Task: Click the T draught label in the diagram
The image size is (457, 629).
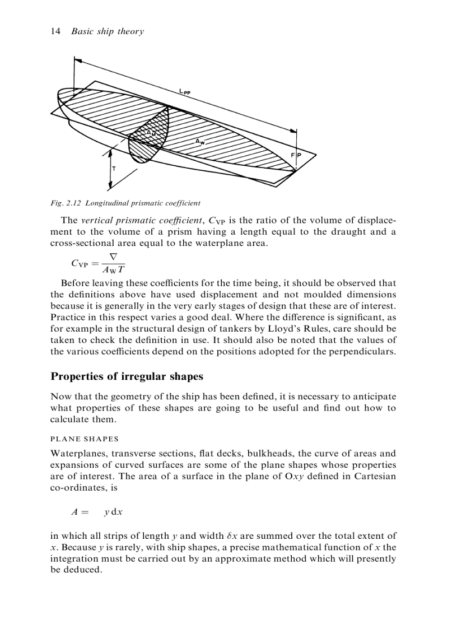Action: click(114, 169)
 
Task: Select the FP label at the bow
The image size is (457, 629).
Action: click(295, 155)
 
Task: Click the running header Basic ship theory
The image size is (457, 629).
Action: click(108, 31)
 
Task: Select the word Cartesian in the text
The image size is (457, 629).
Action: click(374, 476)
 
